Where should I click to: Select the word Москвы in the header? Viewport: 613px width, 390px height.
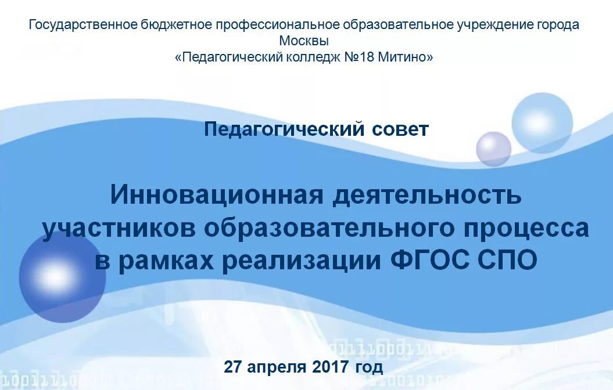[x=304, y=41]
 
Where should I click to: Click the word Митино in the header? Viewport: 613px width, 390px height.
[x=406, y=57]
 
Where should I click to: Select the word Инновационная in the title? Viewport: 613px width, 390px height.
[x=216, y=195]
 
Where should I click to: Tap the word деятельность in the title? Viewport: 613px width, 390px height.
[x=427, y=195]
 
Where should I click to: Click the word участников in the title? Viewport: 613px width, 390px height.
[x=119, y=228]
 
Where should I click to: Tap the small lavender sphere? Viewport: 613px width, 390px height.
[x=493, y=149]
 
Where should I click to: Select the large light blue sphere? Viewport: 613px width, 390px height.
[x=542, y=122]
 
